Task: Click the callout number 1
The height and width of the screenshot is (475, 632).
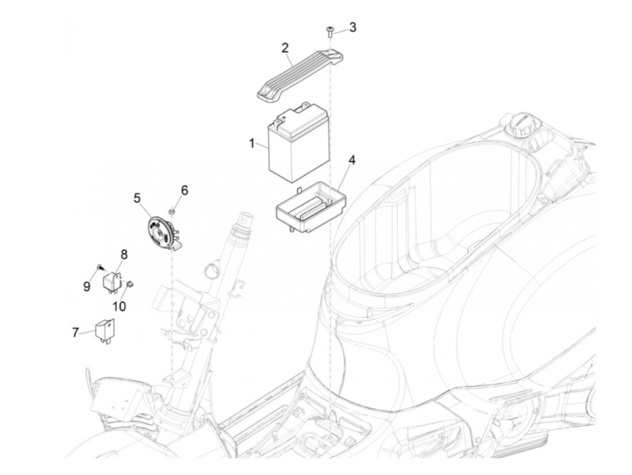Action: (252, 144)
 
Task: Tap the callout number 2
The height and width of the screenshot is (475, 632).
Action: (285, 48)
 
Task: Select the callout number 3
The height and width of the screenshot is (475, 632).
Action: (353, 27)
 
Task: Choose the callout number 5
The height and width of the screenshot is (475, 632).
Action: (137, 197)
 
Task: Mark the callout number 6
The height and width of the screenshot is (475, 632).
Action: (184, 191)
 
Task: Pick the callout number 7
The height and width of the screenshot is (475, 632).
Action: (75, 333)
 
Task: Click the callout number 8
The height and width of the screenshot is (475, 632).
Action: (124, 255)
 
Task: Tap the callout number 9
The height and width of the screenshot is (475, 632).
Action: (87, 286)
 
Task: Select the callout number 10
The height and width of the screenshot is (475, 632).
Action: (119, 307)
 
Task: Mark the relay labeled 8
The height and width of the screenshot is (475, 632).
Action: (113, 281)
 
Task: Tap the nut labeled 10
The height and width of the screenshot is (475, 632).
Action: (130, 284)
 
